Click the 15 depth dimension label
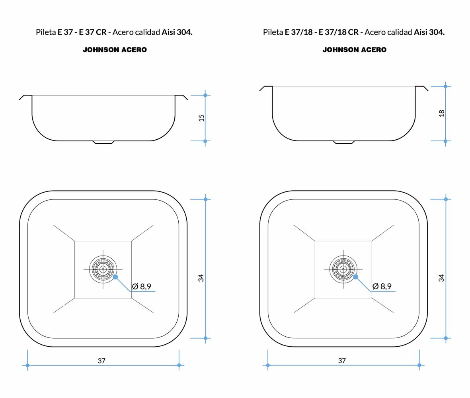(x=201, y=118)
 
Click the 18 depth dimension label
(x=441, y=113)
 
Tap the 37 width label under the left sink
(x=101, y=361)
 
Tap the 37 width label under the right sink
(x=342, y=361)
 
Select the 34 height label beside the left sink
(x=201, y=278)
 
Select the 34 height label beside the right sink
(x=441, y=278)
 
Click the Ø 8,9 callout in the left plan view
(x=142, y=287)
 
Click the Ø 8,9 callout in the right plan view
(x=382, y=287)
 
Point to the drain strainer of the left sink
(x=103, y=269)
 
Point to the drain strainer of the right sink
(x=343, y=269)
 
